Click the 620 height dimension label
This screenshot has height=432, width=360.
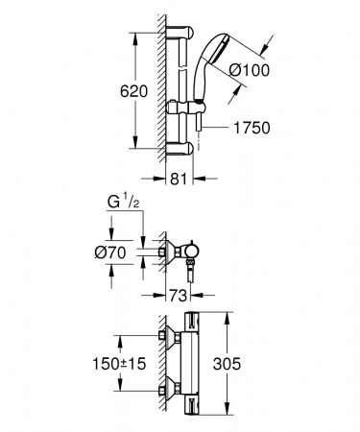point(133,91)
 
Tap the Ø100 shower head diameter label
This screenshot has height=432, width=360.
point(250,70)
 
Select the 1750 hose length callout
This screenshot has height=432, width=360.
point(252,128)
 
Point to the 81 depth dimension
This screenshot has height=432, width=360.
point(178,179)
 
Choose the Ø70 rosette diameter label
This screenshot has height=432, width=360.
point(110,252)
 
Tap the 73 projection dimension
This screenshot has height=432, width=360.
point(178,296)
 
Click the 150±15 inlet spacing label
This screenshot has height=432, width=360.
point(119,364)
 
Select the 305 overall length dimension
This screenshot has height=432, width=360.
point(227,364)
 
